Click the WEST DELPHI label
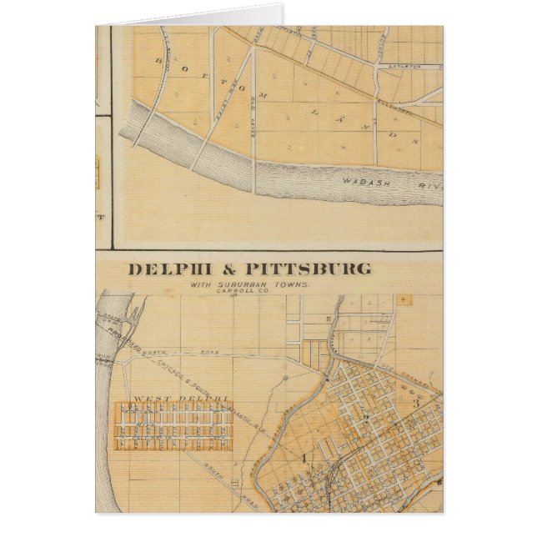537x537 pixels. tap(175, 399)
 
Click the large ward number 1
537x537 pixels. tap(304, 457)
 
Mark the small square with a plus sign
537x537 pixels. tap(405, 298)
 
